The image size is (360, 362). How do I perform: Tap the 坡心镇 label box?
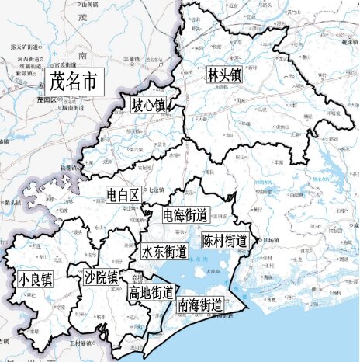click(147, 104)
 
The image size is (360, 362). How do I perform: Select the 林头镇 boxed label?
click(224, 75)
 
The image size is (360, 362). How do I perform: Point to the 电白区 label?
click(123, 194)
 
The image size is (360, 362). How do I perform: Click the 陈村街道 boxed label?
click(224, 240)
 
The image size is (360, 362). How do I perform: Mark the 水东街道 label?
click(164, 252)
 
